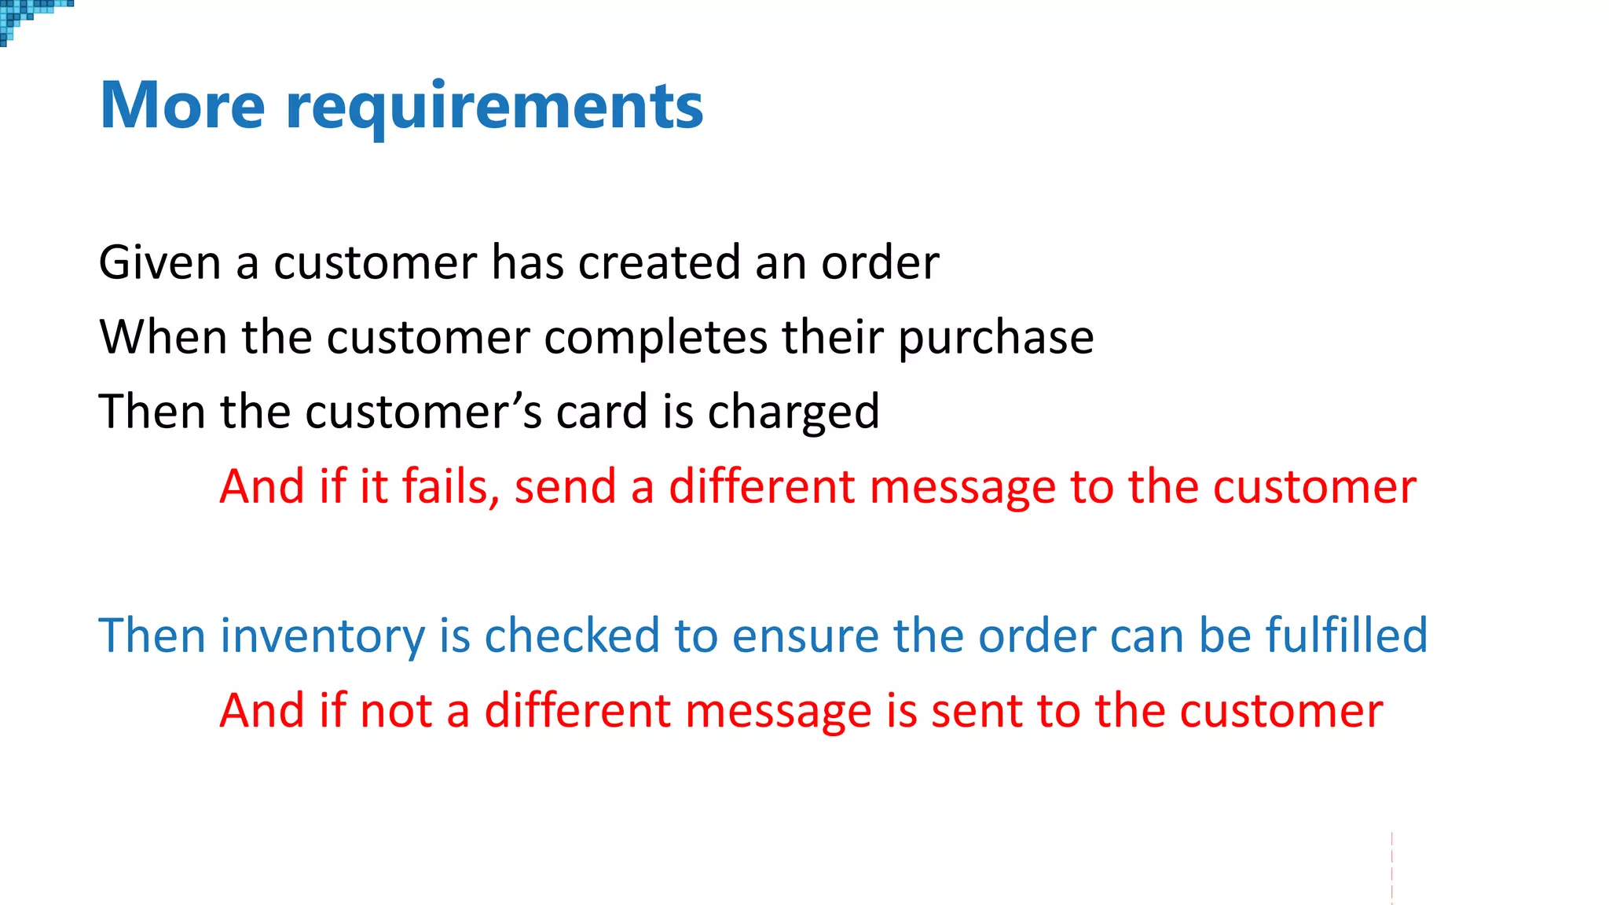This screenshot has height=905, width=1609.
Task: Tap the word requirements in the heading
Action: coord(494,107)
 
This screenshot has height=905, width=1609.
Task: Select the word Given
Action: coord(159,262)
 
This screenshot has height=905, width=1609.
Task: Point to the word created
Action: coord(659,262)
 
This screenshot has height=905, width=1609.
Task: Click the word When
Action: coord(163,337)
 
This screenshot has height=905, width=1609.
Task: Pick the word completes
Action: coord(655,337)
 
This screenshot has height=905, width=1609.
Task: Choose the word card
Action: coord(602,412)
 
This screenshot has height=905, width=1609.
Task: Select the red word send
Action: coord(565,485)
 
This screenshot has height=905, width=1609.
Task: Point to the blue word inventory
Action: coord(323,636)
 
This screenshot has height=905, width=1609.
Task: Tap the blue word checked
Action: coord(572,635)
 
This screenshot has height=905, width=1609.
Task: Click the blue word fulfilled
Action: coord(1346,635)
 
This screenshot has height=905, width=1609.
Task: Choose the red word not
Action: coord(396,710)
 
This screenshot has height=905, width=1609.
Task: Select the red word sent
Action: coord(977,710)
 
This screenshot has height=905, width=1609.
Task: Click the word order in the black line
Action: coord(880,262)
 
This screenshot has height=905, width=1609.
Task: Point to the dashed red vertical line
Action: coord(1391,868)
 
